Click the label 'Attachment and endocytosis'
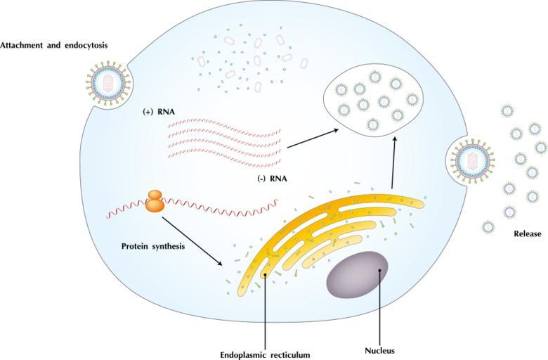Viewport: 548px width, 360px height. (x=54, y=46)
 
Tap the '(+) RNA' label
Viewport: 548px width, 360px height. (x=159, y=112)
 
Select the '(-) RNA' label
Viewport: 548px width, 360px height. (x=273, y=179)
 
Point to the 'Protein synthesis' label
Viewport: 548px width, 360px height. (x=153, y=246)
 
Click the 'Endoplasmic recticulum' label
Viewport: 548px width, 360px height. (x=265, y=355)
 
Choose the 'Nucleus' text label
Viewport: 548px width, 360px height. (x=379, y=351)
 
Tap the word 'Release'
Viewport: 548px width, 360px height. (x=528, y=233)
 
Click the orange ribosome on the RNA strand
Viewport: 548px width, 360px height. (x=155, y=201)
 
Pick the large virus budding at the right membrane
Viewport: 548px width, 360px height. (x=473, y=161)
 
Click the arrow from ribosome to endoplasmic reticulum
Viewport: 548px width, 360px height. (x=193, y=241)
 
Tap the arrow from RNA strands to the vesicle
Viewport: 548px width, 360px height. (x=313, y=139)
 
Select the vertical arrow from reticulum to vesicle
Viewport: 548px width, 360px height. (x=394, y=163)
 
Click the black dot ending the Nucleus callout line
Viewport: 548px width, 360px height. (x=379, y=270)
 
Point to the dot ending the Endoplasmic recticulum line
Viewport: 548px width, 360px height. (x=266, y=275)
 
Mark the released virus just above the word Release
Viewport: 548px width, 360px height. (x=509, y=212)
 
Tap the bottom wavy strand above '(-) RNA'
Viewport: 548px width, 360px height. (x=224, y=157)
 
